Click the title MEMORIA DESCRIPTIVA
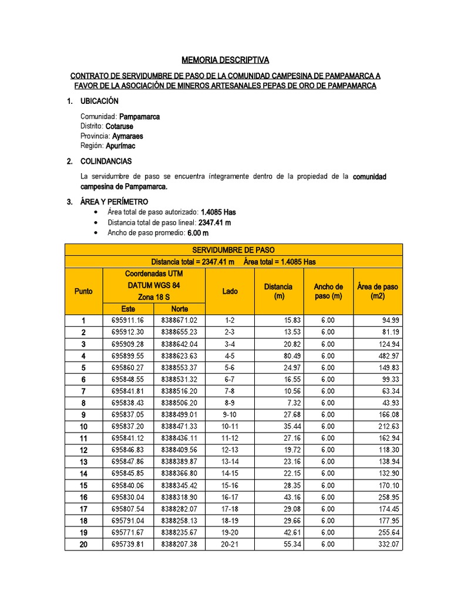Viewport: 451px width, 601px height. pyautogui.click(x=225, y=60)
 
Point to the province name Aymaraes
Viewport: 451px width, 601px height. pyautogui.click(x=127, y=136)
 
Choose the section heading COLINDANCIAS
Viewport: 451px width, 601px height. pyautogui.click(x=106, y=161)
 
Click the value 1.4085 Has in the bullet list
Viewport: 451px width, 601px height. pyautogui.click(x=218, y=212)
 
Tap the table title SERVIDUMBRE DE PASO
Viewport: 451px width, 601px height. pyautogui.click(x=233, y=250)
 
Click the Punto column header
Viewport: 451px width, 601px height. pyautogui.click(x=83, y=291)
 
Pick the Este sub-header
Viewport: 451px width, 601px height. pyautogui.click(x=128, y=309)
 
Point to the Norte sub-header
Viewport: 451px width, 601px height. pyautogui.click(x=180, y=309)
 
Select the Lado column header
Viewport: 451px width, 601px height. pyautogui.click(x=230, y=291)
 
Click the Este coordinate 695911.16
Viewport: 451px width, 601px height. pyautogui.click(x=127, y=320)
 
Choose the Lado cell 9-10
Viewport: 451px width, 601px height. pyautogui.click(x=230, y=415)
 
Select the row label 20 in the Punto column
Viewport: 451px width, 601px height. pyautogui.click(x=83, y=545)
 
